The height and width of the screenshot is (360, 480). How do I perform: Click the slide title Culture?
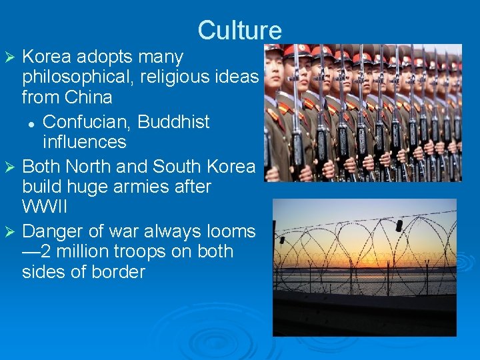tap(239, 31)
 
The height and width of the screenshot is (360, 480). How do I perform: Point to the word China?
tap(89, 97)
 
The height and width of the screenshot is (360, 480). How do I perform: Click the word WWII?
tap(45, 207)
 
